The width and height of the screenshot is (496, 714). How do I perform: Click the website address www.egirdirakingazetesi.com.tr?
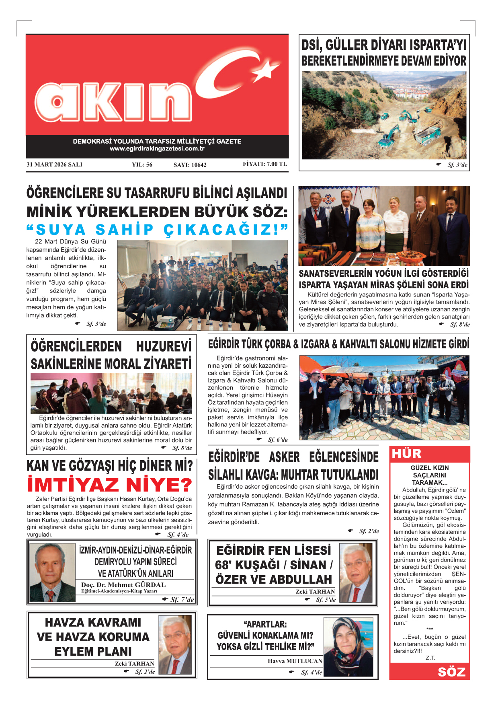(157, 148)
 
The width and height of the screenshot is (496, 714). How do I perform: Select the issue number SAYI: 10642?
(190, 165)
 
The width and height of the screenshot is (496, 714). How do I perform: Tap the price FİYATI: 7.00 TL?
(264, 164)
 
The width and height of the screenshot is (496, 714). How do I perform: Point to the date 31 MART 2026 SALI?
(54, 164)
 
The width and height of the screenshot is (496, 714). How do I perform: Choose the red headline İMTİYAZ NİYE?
(109, 485)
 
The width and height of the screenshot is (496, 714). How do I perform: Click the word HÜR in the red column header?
(406, 453)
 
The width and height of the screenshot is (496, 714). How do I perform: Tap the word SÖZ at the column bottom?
(451, 672)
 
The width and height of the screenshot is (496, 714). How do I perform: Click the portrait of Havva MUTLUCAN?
(348, 646)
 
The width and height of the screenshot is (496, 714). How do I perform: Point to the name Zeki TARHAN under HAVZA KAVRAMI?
(134, 663)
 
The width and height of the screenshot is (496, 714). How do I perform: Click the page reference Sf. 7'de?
(182, 599)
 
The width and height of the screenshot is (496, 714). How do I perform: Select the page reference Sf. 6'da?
(277, 440)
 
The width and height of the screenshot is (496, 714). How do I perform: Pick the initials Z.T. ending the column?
(430, 658)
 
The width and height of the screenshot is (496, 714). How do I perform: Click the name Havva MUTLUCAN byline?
(295, 661)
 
